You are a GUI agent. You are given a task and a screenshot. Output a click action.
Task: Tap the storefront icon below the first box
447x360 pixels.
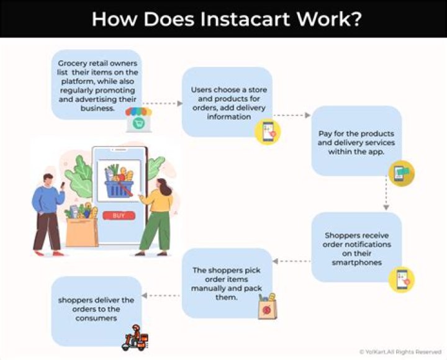(138, 120)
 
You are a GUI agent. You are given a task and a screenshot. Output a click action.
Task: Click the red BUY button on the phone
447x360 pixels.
(119, 215)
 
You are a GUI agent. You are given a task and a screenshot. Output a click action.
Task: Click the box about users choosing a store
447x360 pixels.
(227, 102)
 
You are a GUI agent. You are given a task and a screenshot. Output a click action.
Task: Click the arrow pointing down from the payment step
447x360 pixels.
(386, 196)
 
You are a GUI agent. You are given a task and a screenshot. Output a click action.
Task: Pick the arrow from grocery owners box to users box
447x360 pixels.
(162, 104)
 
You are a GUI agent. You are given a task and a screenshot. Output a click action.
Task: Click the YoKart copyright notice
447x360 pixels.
(400, 352)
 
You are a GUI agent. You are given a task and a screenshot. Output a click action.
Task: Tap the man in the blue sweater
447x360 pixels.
(48, 211)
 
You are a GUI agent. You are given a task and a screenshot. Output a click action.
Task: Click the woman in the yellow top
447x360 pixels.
(156, 214)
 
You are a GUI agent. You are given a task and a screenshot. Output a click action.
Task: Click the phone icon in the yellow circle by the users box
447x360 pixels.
(268, 132)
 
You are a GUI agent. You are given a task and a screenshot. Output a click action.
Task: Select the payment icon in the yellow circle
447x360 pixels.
(401, 174)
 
